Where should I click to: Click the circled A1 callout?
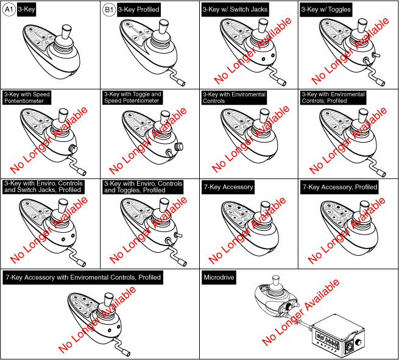pos(10,10)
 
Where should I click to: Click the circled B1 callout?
pos(109,10)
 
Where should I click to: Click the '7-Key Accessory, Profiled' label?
pos(340,187)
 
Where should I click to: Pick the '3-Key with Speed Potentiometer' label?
pos(28,98)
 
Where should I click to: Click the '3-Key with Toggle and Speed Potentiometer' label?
pos(132,98)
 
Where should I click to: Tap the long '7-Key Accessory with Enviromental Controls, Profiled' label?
pos(82,277)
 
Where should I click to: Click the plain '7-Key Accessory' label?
pos(230,187)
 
